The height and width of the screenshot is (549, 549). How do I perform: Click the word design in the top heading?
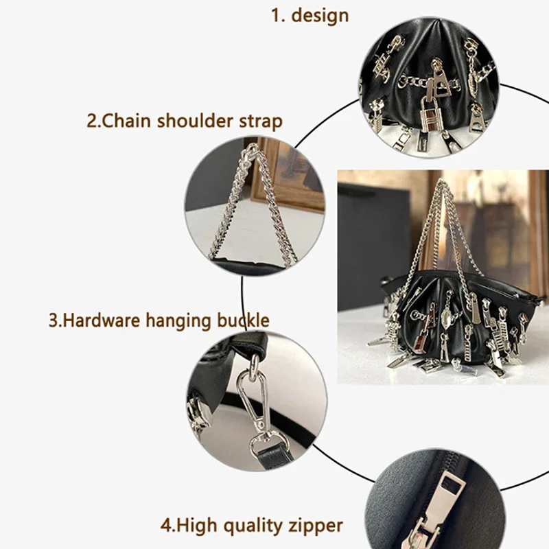point(320,16)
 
